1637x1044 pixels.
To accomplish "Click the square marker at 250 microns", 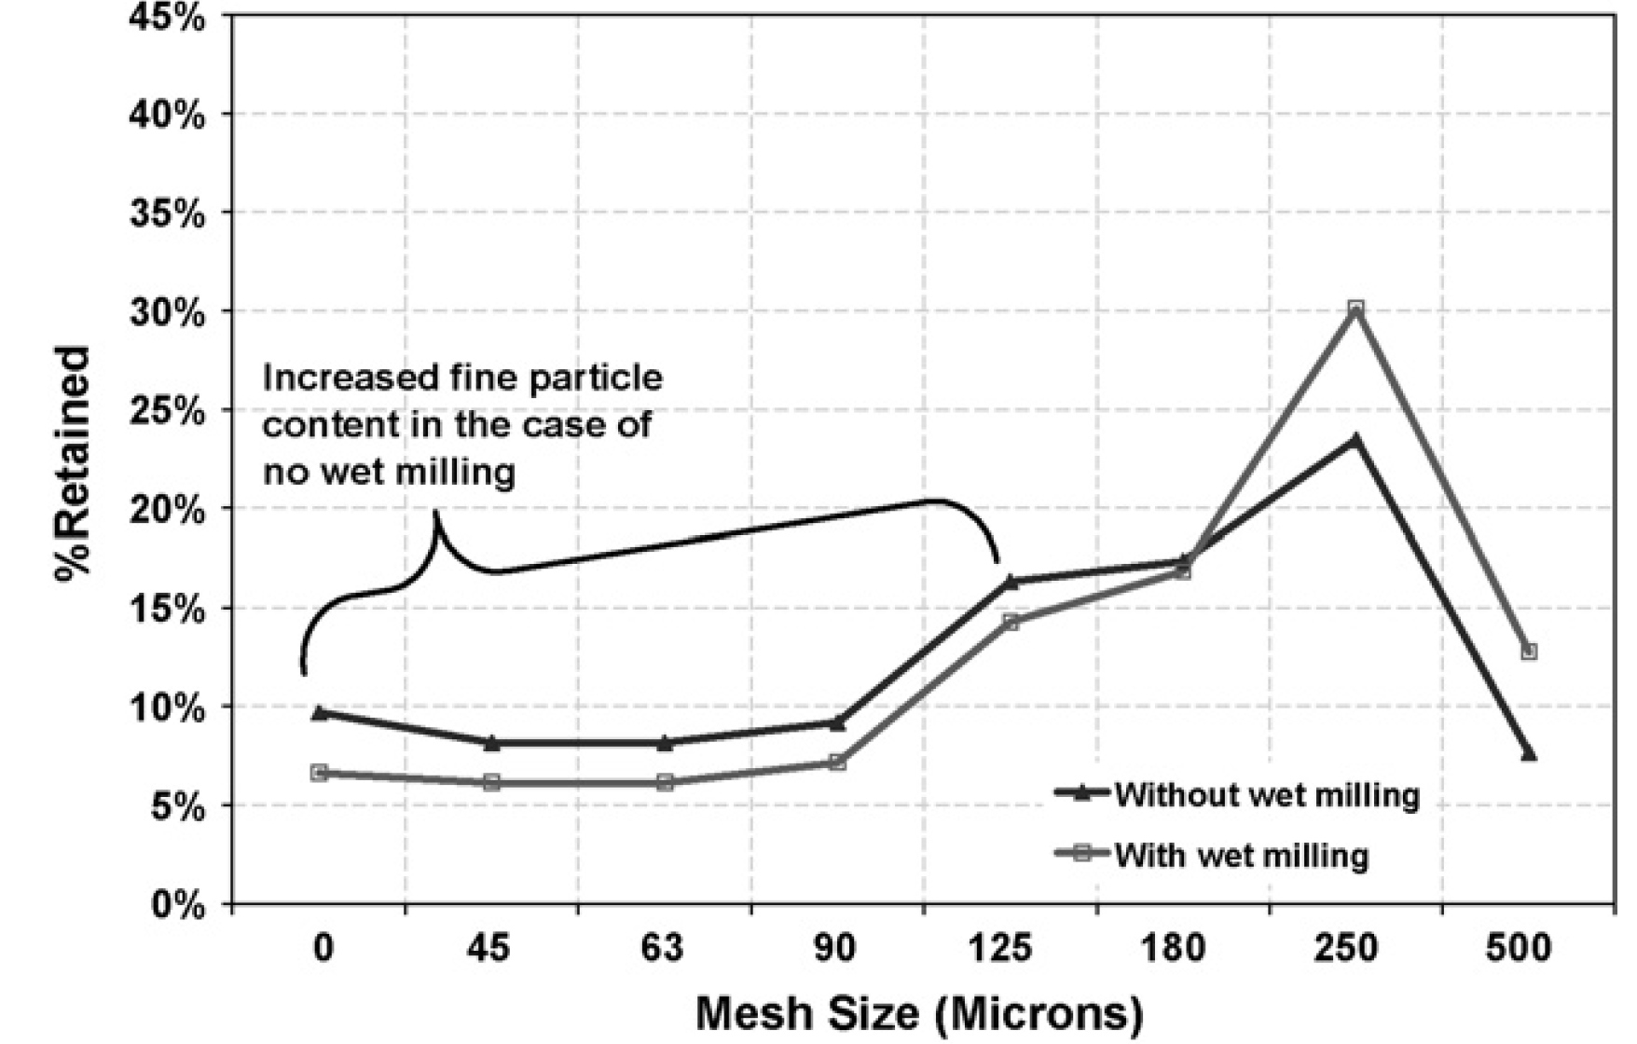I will coord(1355,309).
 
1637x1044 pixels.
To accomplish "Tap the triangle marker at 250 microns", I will coord(1355,439).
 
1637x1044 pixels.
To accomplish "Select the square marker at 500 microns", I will coord(1529,652).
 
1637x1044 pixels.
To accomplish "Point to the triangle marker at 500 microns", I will coord(1529,753).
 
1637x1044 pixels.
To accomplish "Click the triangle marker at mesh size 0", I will coord(320,712).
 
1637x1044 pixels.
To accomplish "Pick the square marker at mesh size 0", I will coord(320,772).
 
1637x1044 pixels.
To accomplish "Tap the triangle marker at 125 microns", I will coord(1011,582).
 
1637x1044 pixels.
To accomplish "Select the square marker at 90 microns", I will coord(837,762).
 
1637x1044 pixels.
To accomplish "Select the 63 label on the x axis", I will coord(663,949).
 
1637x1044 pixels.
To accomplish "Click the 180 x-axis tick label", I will coord(1181,949).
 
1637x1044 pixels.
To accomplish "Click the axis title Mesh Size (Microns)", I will coord(918,1013).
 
